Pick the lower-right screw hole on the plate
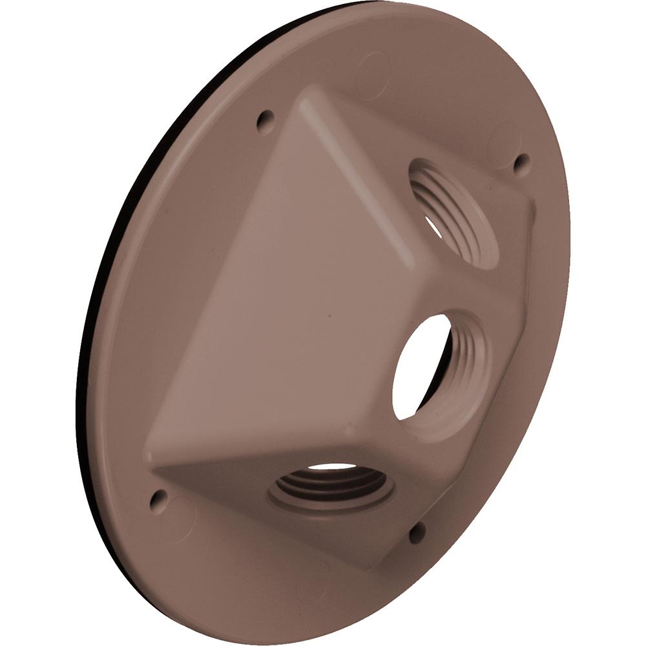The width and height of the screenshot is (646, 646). point(417,532)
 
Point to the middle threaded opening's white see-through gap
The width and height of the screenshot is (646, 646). point(420,365)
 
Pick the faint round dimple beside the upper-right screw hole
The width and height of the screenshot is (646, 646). point(504,139)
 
